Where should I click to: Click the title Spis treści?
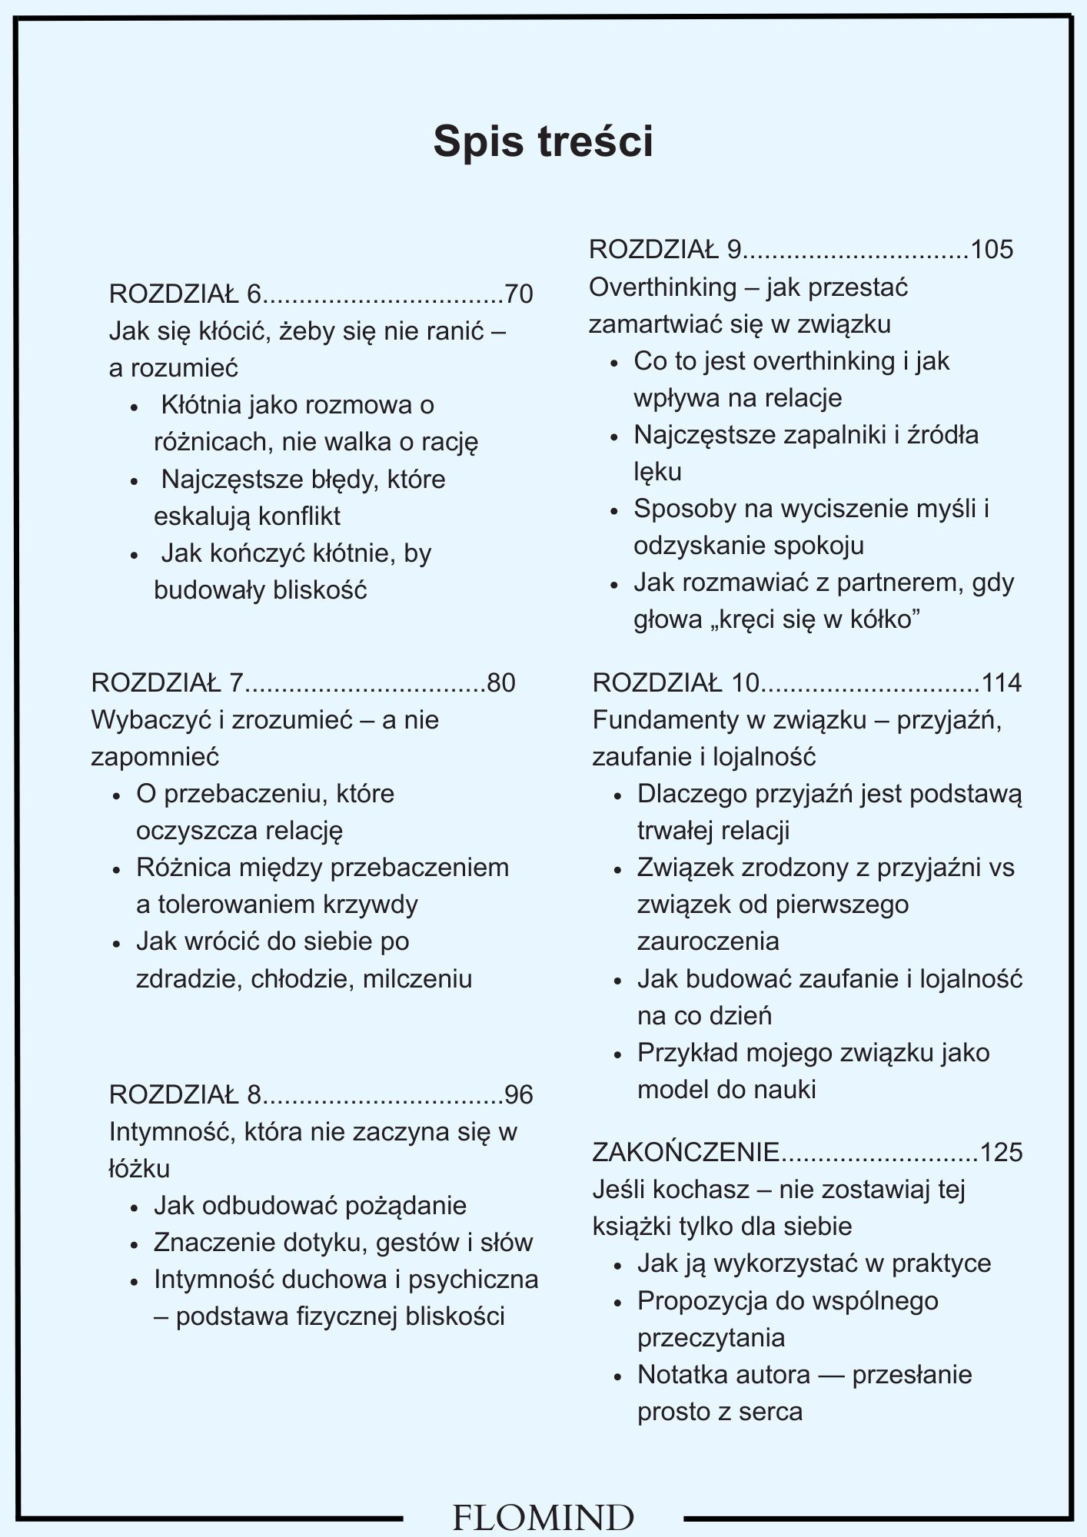pyautogui.click(x=543, y=141)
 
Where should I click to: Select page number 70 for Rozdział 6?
pyautogui.click(x=519, y=294)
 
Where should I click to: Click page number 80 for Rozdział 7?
pyautogui.click(x=501, y=682)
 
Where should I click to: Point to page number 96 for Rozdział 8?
pyautogui.click(x=519, y=1094)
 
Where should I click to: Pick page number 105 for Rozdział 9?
pyautogui.click(x=992, y=250)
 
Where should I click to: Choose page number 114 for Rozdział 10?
pyautogui.click(x=1002, y=682)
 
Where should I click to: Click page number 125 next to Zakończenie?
pyautogui.click(x=1002, y=1153)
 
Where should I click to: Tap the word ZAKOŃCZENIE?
pyautogui.click(x=686, y=1153)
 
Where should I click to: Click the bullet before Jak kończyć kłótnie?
pyautogui.click(x=135, y=554)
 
